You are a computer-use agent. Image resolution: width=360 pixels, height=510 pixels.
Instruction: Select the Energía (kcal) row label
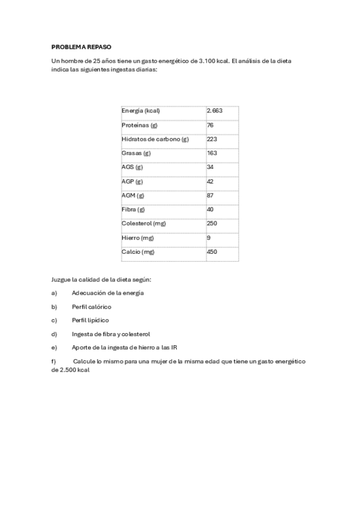point(141,111)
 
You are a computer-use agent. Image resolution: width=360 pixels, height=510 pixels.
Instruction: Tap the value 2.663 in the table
point(215,111)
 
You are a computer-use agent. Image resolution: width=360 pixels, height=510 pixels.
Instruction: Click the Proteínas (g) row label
point(139,125)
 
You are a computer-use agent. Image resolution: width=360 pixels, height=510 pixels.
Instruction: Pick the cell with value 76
point(210,125)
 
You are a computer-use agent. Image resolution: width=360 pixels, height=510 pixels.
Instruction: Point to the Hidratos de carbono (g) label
point(155,139)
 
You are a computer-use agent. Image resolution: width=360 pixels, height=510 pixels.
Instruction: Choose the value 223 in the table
point(212,139)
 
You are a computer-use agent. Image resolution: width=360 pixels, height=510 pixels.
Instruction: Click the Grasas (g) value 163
point(212,153)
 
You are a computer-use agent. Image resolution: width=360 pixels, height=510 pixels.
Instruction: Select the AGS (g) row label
point(132,167)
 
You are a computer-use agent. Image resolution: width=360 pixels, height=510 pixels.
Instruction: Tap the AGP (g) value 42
point(210,181)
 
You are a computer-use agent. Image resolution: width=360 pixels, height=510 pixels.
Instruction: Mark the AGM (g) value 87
point(210,195)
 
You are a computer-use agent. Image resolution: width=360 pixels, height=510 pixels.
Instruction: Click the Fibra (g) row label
point(133,209)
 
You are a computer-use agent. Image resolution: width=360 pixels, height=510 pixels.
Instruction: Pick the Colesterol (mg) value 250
point(212,223)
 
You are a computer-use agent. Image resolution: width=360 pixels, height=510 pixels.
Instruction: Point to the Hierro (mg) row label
point(138,238)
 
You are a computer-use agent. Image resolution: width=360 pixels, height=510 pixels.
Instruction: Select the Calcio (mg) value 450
point(212,251)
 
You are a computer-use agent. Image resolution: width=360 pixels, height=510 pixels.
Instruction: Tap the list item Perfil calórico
point(91,306)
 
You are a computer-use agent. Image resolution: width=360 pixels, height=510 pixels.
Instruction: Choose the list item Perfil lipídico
point(90,320)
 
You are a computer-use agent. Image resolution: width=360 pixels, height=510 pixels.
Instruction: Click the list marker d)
point(54,334)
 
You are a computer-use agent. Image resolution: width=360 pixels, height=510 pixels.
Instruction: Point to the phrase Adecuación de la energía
point(108,293)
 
